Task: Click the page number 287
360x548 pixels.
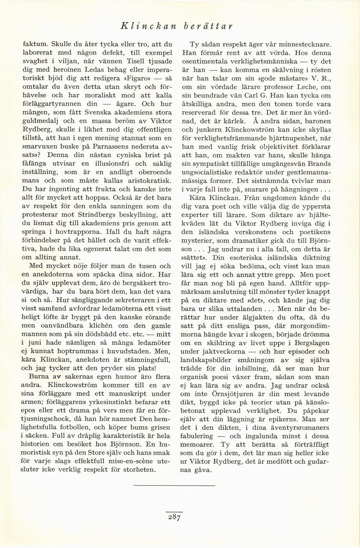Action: pyautogui.click(x=173, y=517)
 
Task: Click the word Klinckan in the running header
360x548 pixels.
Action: pyautogui.click(x=149, y=26)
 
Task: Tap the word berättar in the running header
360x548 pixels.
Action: pyautogui.click(x=206, y=26)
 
